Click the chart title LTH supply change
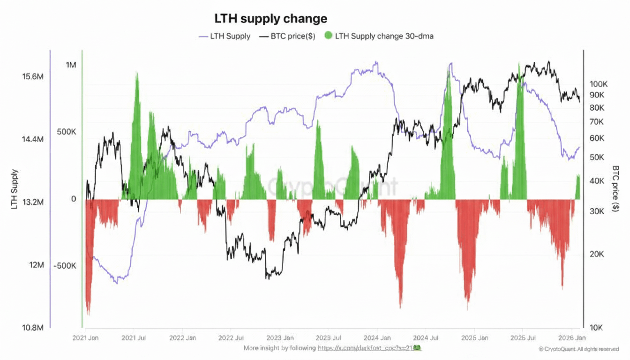270,19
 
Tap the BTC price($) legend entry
292,36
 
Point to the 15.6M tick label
33,76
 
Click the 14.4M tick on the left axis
33,139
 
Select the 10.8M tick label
33,328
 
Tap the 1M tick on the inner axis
71,65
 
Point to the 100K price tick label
599,84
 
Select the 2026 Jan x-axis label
573,338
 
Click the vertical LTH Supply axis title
15,189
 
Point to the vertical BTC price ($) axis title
615,189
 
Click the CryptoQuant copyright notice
582,349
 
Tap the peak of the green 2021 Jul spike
137,73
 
